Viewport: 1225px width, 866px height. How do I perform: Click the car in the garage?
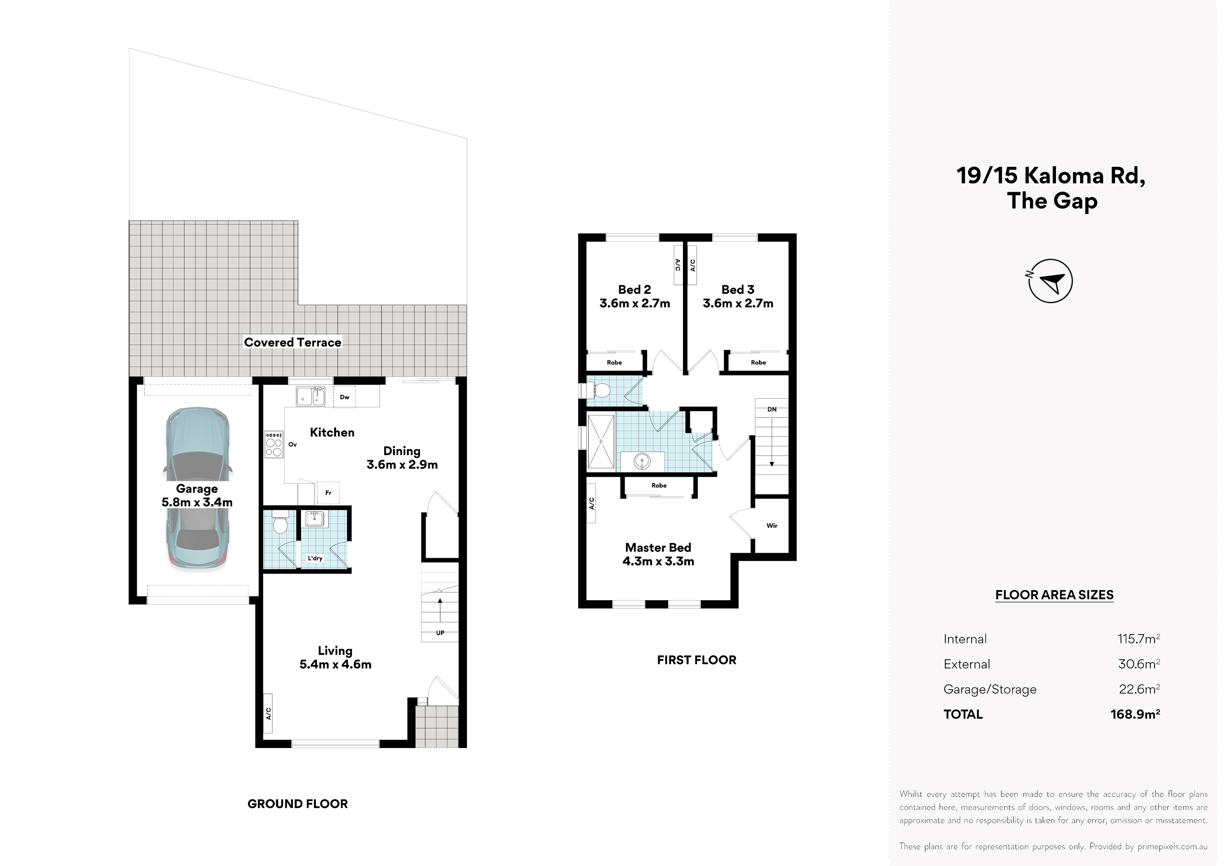[x=197, y=489]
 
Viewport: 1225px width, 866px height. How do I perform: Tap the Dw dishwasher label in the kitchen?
[x=345, y=397]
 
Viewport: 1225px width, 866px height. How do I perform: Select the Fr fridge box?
[x=328, y=492]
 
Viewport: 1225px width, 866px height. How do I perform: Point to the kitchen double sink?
[x=310, y=396]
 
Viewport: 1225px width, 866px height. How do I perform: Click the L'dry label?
[x=315, y=558]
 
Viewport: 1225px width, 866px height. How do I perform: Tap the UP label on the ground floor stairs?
[x=440, y=633]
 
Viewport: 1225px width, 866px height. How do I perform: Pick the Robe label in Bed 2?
[x=614, y=362]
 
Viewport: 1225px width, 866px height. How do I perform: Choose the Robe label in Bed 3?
[x=758, y=362]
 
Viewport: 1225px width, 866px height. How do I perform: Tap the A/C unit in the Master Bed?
[x=591, y=502]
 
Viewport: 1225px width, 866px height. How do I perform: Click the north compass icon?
[x=1050, y=281]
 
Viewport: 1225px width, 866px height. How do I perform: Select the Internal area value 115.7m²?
[x=1138, y=639]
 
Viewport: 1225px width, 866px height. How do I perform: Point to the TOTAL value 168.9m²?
[x=1135, y=714]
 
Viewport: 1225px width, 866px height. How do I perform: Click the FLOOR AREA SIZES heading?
[x=1054, y=595]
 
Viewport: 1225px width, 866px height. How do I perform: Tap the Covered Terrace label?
[x=292, y=343]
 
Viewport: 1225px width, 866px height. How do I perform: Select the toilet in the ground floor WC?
[x=280, y=522]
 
